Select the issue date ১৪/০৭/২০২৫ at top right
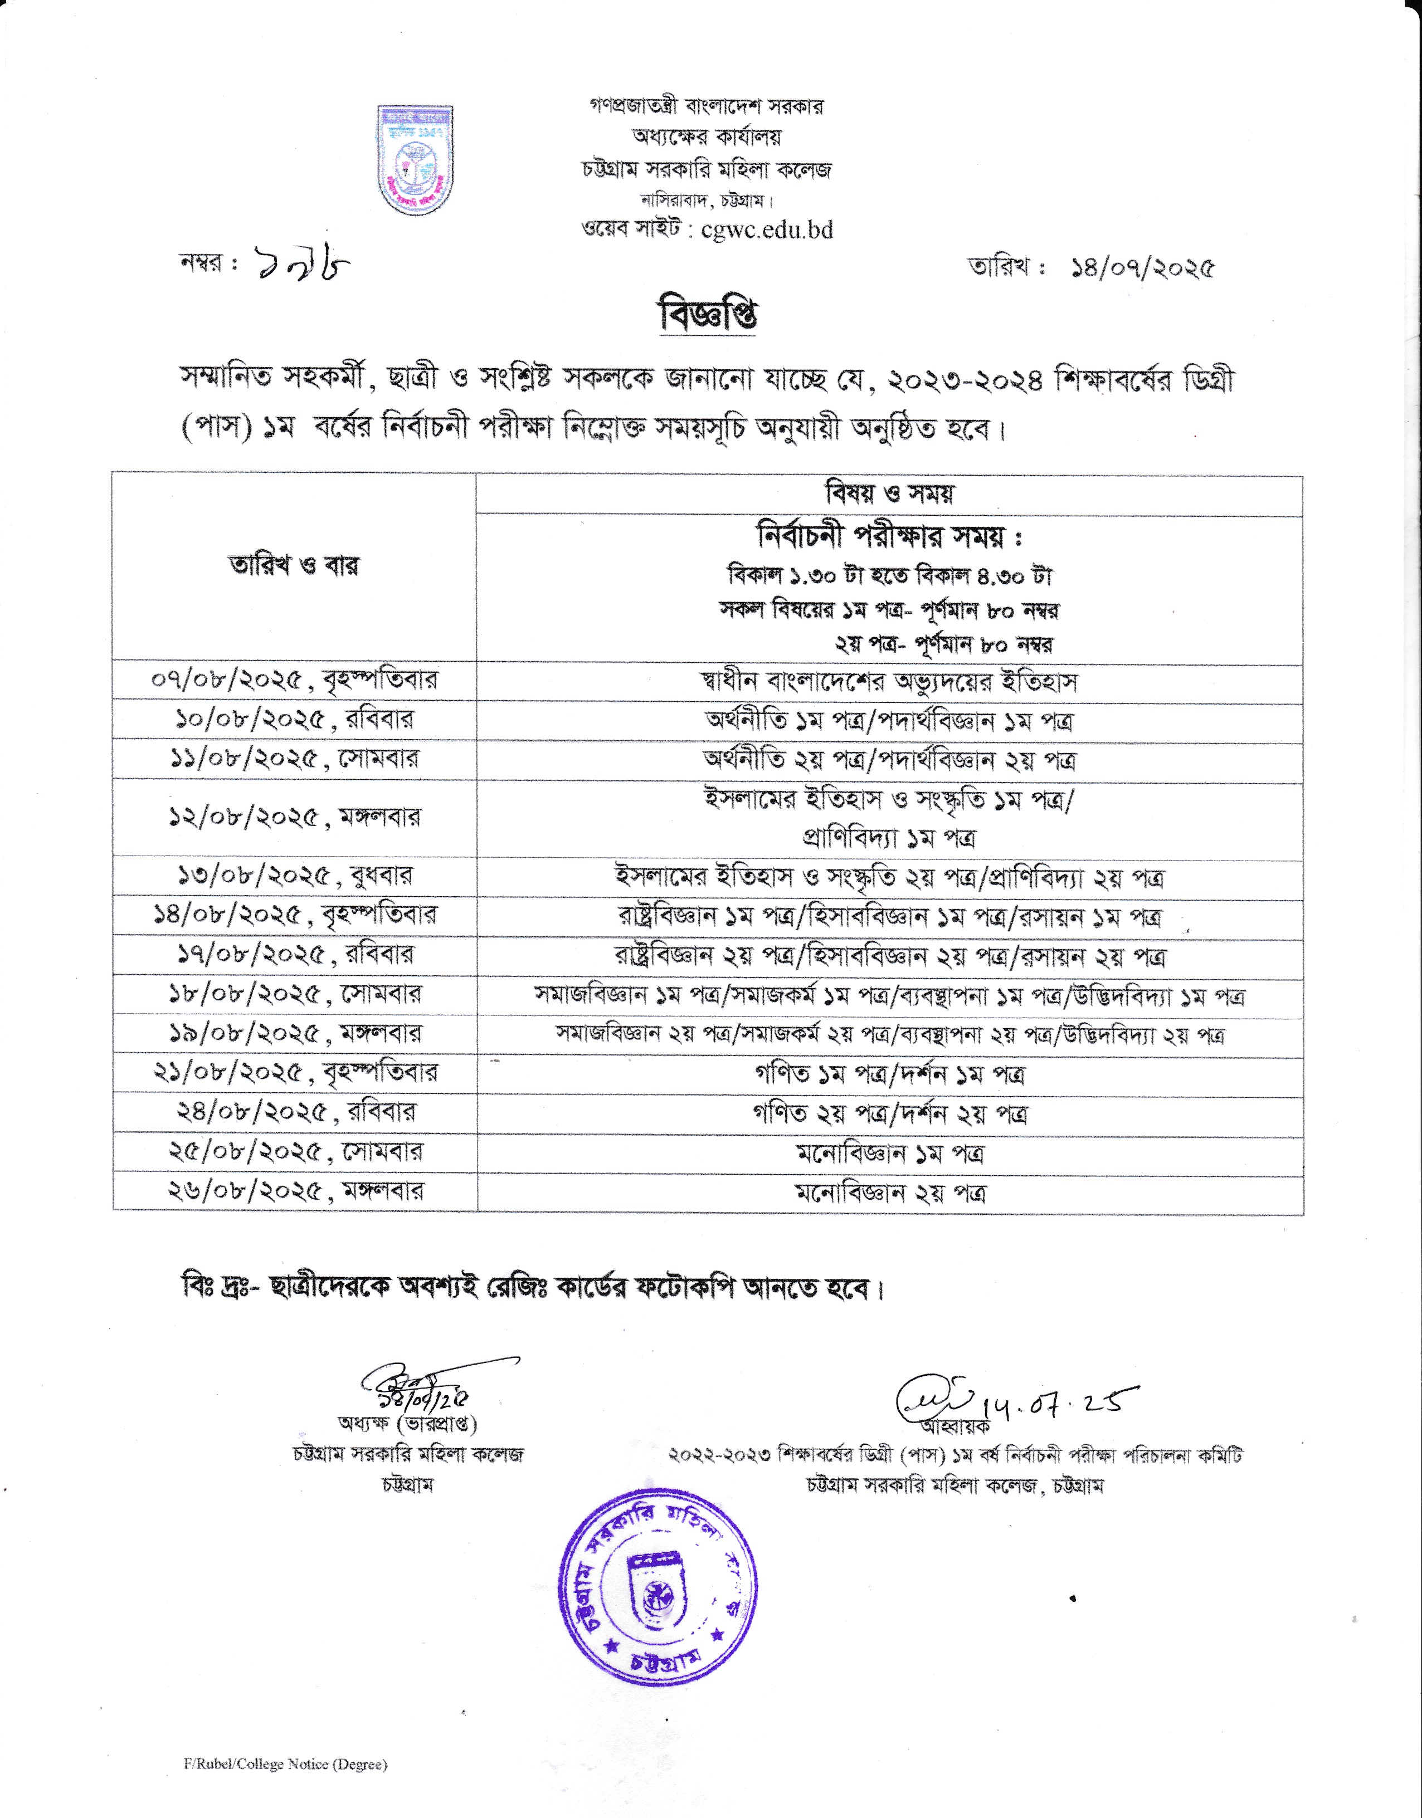[1143, 268]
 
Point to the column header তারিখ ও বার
[294, 566]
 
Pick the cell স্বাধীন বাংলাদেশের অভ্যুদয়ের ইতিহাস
[888, 682]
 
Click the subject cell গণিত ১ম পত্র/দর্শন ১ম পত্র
[888, 1074]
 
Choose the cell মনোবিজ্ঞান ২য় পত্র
[888, 1193]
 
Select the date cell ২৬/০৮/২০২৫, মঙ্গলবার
[294, 1191]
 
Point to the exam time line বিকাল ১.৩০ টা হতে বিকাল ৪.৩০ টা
[888, 576]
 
